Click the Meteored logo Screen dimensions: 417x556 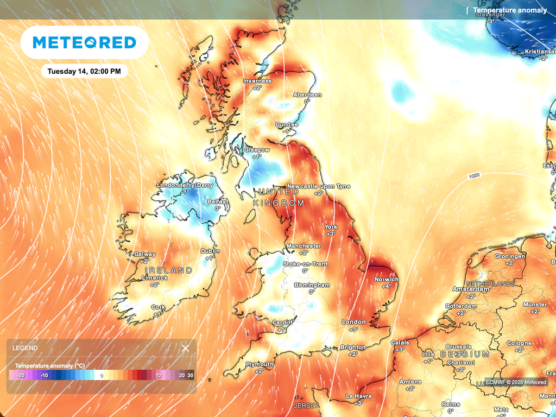[84, 42]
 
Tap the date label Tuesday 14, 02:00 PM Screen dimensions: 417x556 [84, 71]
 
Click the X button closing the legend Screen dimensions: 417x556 [185, 348]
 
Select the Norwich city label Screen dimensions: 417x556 [387, 280]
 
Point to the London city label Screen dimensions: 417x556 [353, 322]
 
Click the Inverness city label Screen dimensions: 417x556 [257, 81]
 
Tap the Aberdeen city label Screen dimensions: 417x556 [307, 94]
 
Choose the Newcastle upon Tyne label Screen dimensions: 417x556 [319, 186]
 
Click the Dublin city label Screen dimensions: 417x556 [210, 251]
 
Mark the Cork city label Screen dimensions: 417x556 [158, 307]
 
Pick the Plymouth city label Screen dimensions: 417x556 [260, 364]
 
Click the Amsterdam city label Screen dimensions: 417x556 [471, 289]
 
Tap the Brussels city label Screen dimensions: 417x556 [458, 346]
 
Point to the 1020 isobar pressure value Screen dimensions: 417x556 [474, 177]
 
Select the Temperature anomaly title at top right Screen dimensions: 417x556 [510, 10]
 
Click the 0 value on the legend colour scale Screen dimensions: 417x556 [101, 375]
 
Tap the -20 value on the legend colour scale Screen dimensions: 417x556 [21, 375]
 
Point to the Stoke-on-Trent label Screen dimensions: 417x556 [305, 264]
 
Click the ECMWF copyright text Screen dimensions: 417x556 [516, 382]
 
